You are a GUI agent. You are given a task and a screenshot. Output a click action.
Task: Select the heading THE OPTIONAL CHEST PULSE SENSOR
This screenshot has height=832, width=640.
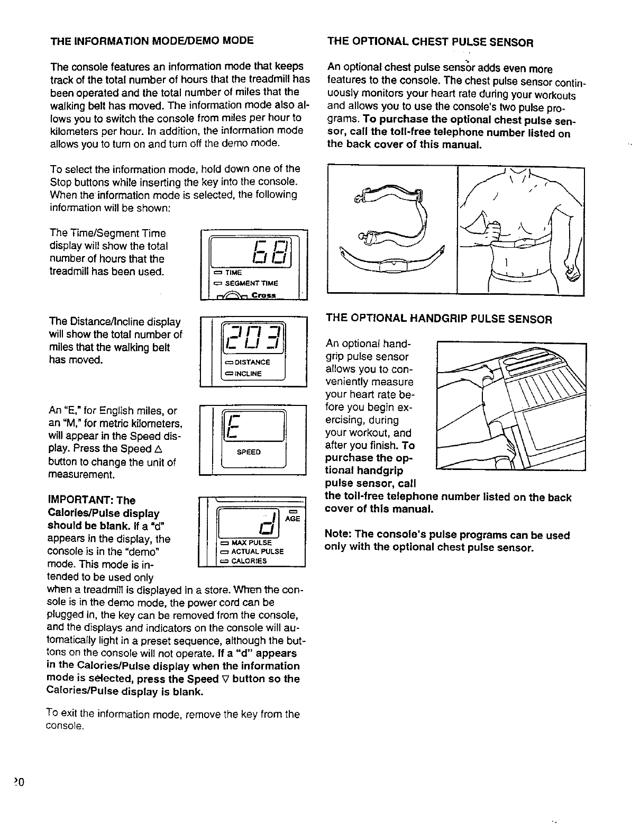430,42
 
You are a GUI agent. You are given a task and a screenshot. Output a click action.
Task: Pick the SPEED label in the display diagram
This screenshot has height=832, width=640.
249,451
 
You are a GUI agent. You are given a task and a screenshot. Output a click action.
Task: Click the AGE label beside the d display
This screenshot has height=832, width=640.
292,519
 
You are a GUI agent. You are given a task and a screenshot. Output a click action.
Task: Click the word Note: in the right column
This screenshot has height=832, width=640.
337,535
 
